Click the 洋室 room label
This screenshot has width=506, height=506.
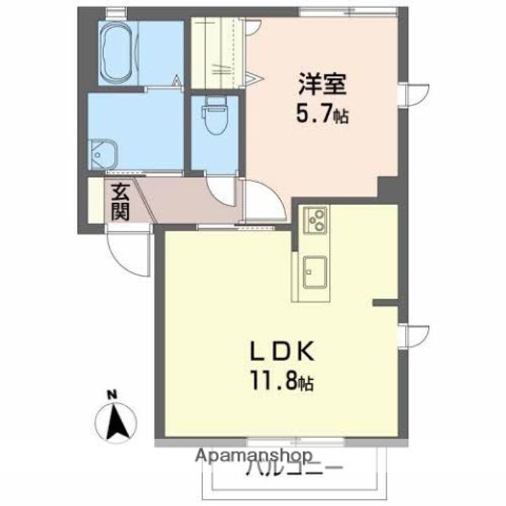(x=322, y=84)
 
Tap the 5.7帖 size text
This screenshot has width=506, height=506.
(x=323, y=115)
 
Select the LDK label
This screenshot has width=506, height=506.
(x=283, y=352)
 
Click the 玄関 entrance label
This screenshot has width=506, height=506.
(x=120, y=202)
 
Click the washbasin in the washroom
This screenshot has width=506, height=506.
(x=103, y=155)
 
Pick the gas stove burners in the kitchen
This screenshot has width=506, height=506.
(x=316, y=220)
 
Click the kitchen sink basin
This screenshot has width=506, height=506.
(x=315, y=272)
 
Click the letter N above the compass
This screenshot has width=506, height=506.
(x=112, y=395)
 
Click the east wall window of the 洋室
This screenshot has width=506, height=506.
(x=414, y=95)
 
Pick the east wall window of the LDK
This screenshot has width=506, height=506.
(x=414, y=336)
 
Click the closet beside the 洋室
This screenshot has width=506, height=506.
(x=216, y=53)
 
